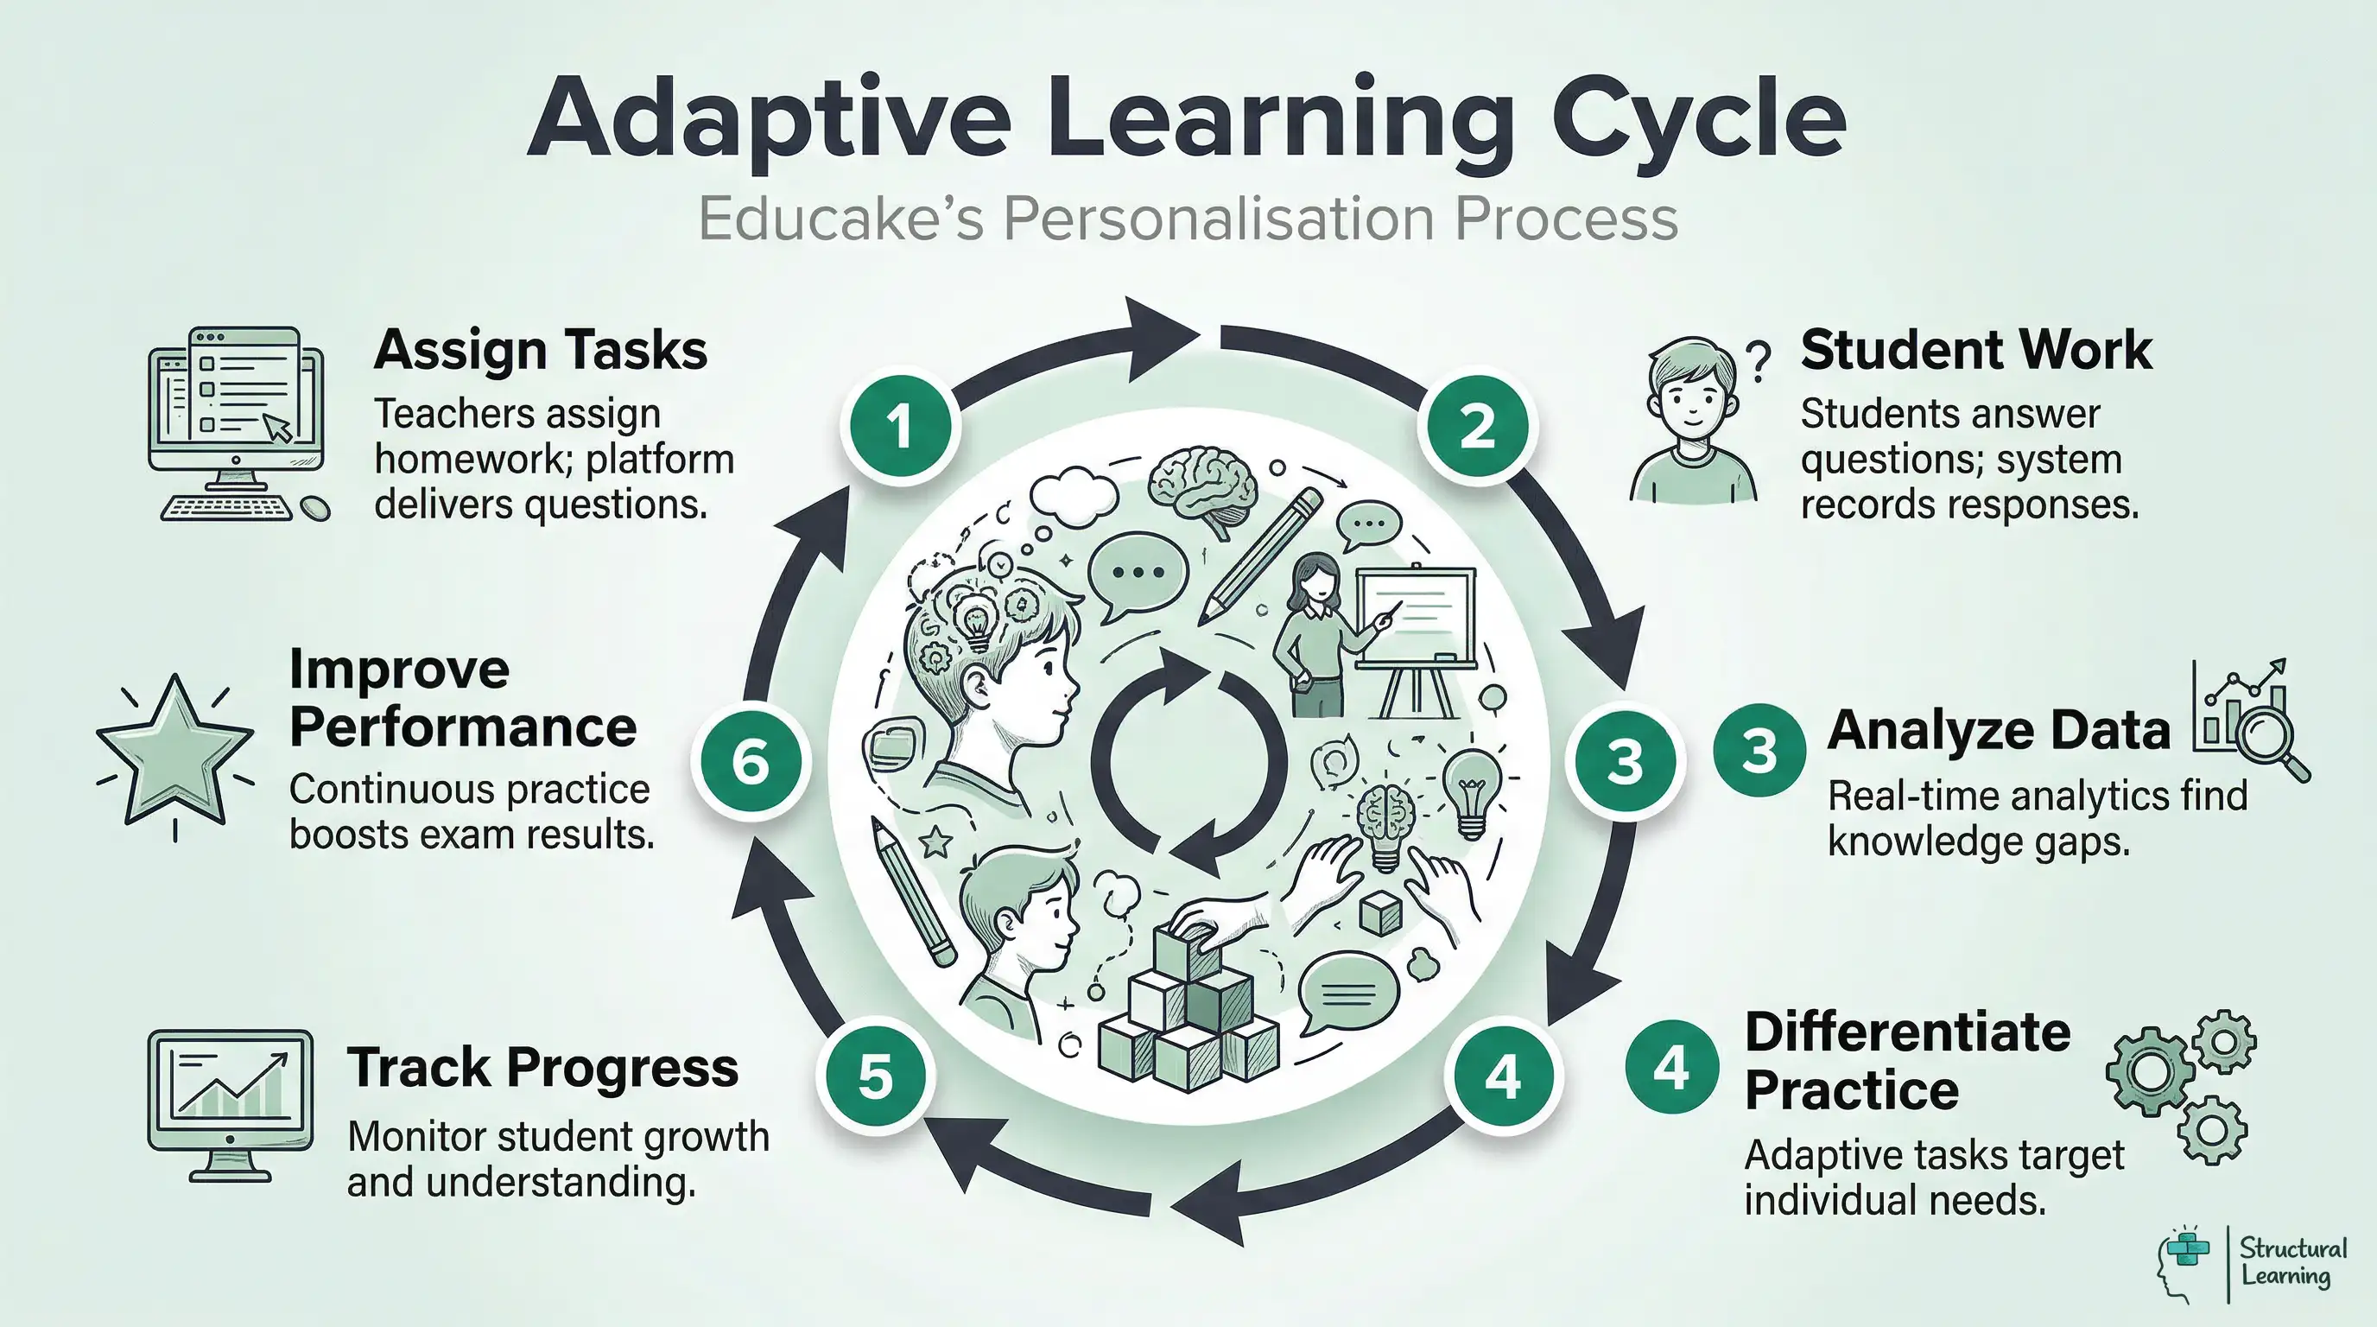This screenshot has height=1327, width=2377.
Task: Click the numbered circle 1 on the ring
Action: click(900, 426)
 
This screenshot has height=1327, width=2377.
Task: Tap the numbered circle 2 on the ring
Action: click(1477, 426)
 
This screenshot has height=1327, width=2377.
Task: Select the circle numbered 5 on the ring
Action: click(875, 1076)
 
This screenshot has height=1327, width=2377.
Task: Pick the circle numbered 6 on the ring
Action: click(751, 762)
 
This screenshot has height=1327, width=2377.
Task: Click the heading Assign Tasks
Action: click(540, 351)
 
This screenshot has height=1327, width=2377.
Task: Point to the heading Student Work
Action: click(1975, 351)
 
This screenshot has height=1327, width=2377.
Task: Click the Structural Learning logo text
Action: click(2292, 1261)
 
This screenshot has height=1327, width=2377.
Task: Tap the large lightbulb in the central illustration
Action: click(1471, 786)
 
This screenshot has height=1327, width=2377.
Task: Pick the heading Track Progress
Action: click(542, 1069)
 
